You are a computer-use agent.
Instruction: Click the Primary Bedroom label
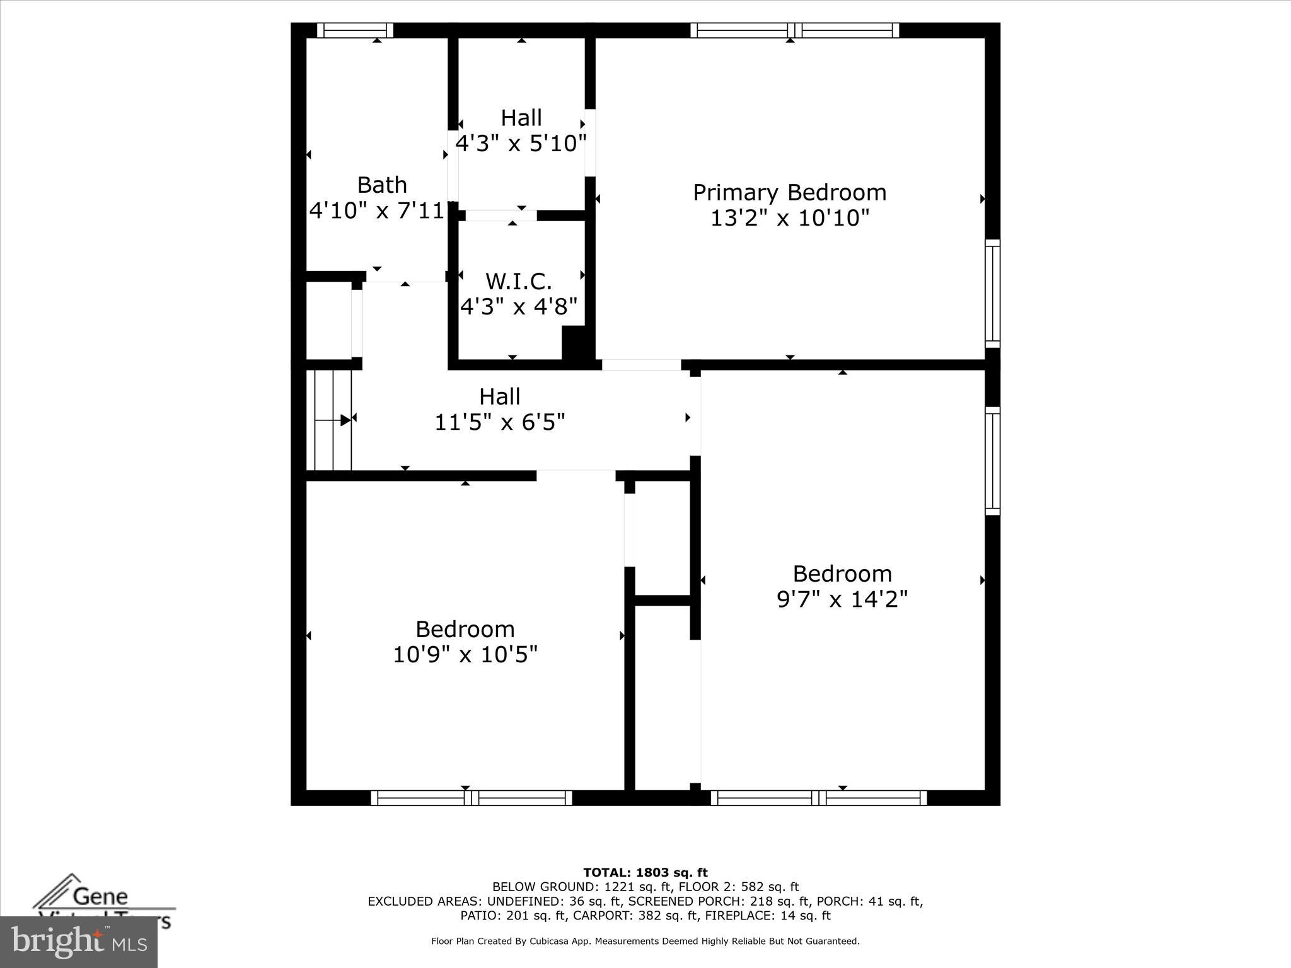(x=789, y=192)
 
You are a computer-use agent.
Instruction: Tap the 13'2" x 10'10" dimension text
(x=789, y=218)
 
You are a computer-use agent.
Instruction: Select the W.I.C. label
(x=518, y=281)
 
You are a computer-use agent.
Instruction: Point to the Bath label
(x=382, y=185)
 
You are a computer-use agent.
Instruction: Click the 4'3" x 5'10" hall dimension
(x=521, y=144)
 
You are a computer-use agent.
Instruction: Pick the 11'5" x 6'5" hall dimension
(x=499, y=422)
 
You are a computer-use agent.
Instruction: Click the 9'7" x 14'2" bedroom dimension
(x=842, y=599)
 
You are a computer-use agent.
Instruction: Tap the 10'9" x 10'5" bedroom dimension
(x=465, y=655)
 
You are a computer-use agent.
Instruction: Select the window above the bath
(x=355, y=30)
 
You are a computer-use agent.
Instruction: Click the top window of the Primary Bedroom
(x=794, y=30)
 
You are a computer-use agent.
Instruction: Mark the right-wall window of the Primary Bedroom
(x=992, y=293)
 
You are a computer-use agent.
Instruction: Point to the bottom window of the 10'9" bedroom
(x=471, y=798)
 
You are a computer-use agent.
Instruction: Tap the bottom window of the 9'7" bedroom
(x=819, y=798)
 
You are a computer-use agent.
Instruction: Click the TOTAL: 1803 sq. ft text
(x=645, y=873)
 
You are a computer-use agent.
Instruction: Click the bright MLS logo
(x=79, y=942)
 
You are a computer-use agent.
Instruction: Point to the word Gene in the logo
(x=100, y=896)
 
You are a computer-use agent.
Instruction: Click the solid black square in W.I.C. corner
(x=574, y=343)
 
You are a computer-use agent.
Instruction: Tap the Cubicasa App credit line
(x=645, y=942)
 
